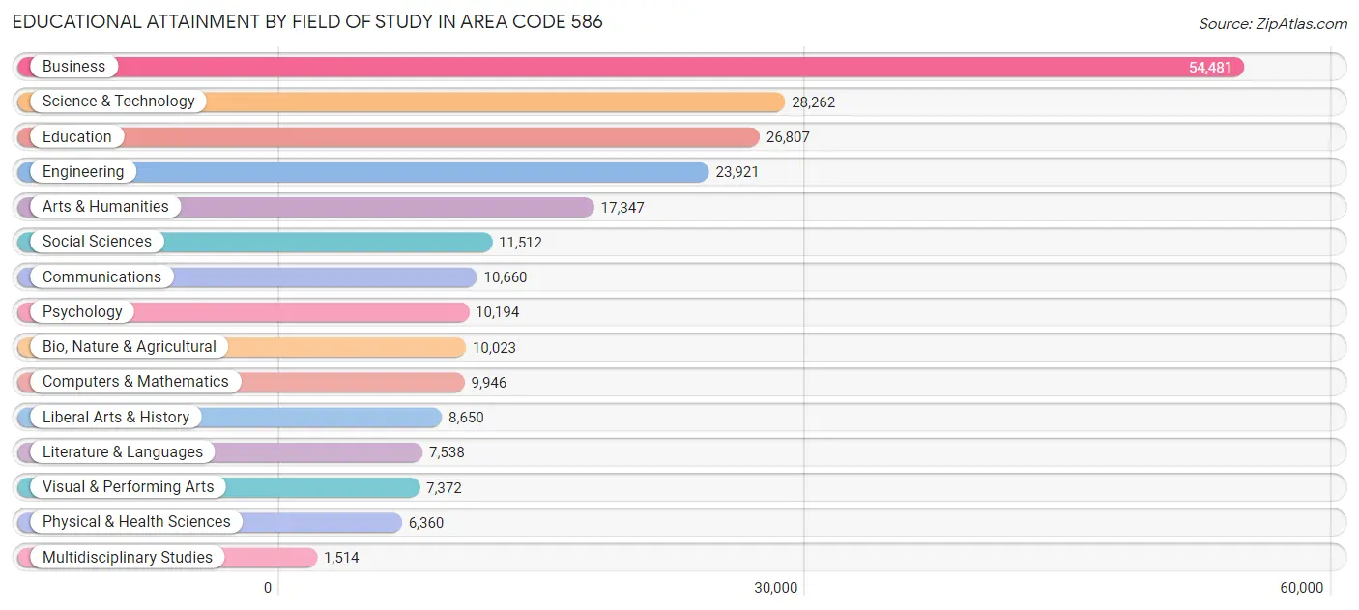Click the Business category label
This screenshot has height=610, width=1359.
(73, 67)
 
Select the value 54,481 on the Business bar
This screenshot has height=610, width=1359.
(1210, 68)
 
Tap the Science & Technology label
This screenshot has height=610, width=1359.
(118, 102)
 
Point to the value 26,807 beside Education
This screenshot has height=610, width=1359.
(788, 137)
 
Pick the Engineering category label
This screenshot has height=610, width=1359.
(83, 172)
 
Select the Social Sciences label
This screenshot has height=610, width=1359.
(97, 242)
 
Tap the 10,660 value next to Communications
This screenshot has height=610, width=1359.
(506, 277)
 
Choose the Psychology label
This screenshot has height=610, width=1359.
(82, 312)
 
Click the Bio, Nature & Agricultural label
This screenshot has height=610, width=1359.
(129, 347)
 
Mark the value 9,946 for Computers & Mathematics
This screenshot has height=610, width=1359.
(489, 383)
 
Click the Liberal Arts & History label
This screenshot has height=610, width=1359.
(116, 418)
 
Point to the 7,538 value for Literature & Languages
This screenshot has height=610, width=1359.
(447, 452)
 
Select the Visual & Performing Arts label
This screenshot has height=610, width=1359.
(128, 487)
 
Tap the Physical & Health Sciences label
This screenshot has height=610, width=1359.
(136, 522)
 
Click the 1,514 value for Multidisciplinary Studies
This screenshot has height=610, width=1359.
(341, 558)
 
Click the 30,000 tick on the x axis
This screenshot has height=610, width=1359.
(776, 588)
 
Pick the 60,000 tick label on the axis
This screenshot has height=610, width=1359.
(1301, 588)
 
